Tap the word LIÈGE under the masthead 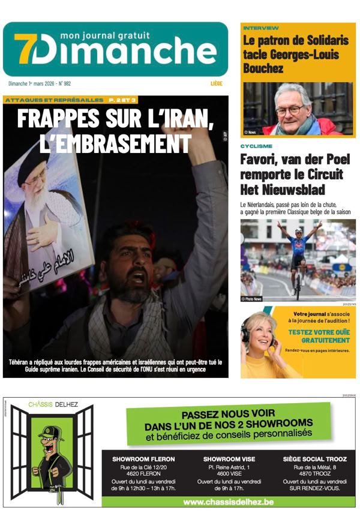[217, 84]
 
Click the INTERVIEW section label [261, 28]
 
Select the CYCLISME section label [256, 146]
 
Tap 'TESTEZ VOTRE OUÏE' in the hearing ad [319, 332]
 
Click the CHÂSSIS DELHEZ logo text [53, 404]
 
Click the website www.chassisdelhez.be [229, 502]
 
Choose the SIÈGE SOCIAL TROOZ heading [314, 459]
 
